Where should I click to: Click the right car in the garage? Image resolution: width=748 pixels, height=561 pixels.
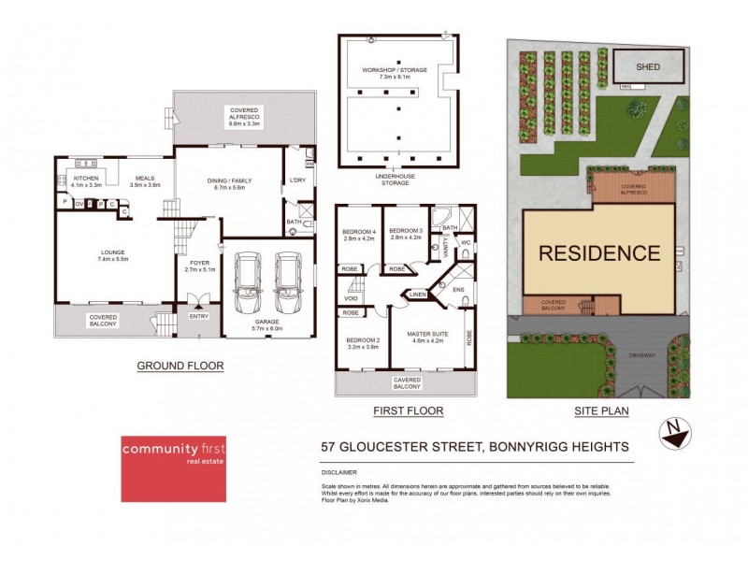click(287, 285)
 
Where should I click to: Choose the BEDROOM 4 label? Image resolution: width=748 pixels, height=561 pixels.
click(359, 231)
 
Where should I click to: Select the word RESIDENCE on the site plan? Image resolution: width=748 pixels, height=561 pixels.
click(598, 252)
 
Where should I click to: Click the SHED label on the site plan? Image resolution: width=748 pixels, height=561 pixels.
click(648, 67)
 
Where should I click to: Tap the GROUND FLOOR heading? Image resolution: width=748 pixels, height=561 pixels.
click(180, 366)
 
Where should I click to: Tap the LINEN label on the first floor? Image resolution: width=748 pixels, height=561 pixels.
click(416, 295)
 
